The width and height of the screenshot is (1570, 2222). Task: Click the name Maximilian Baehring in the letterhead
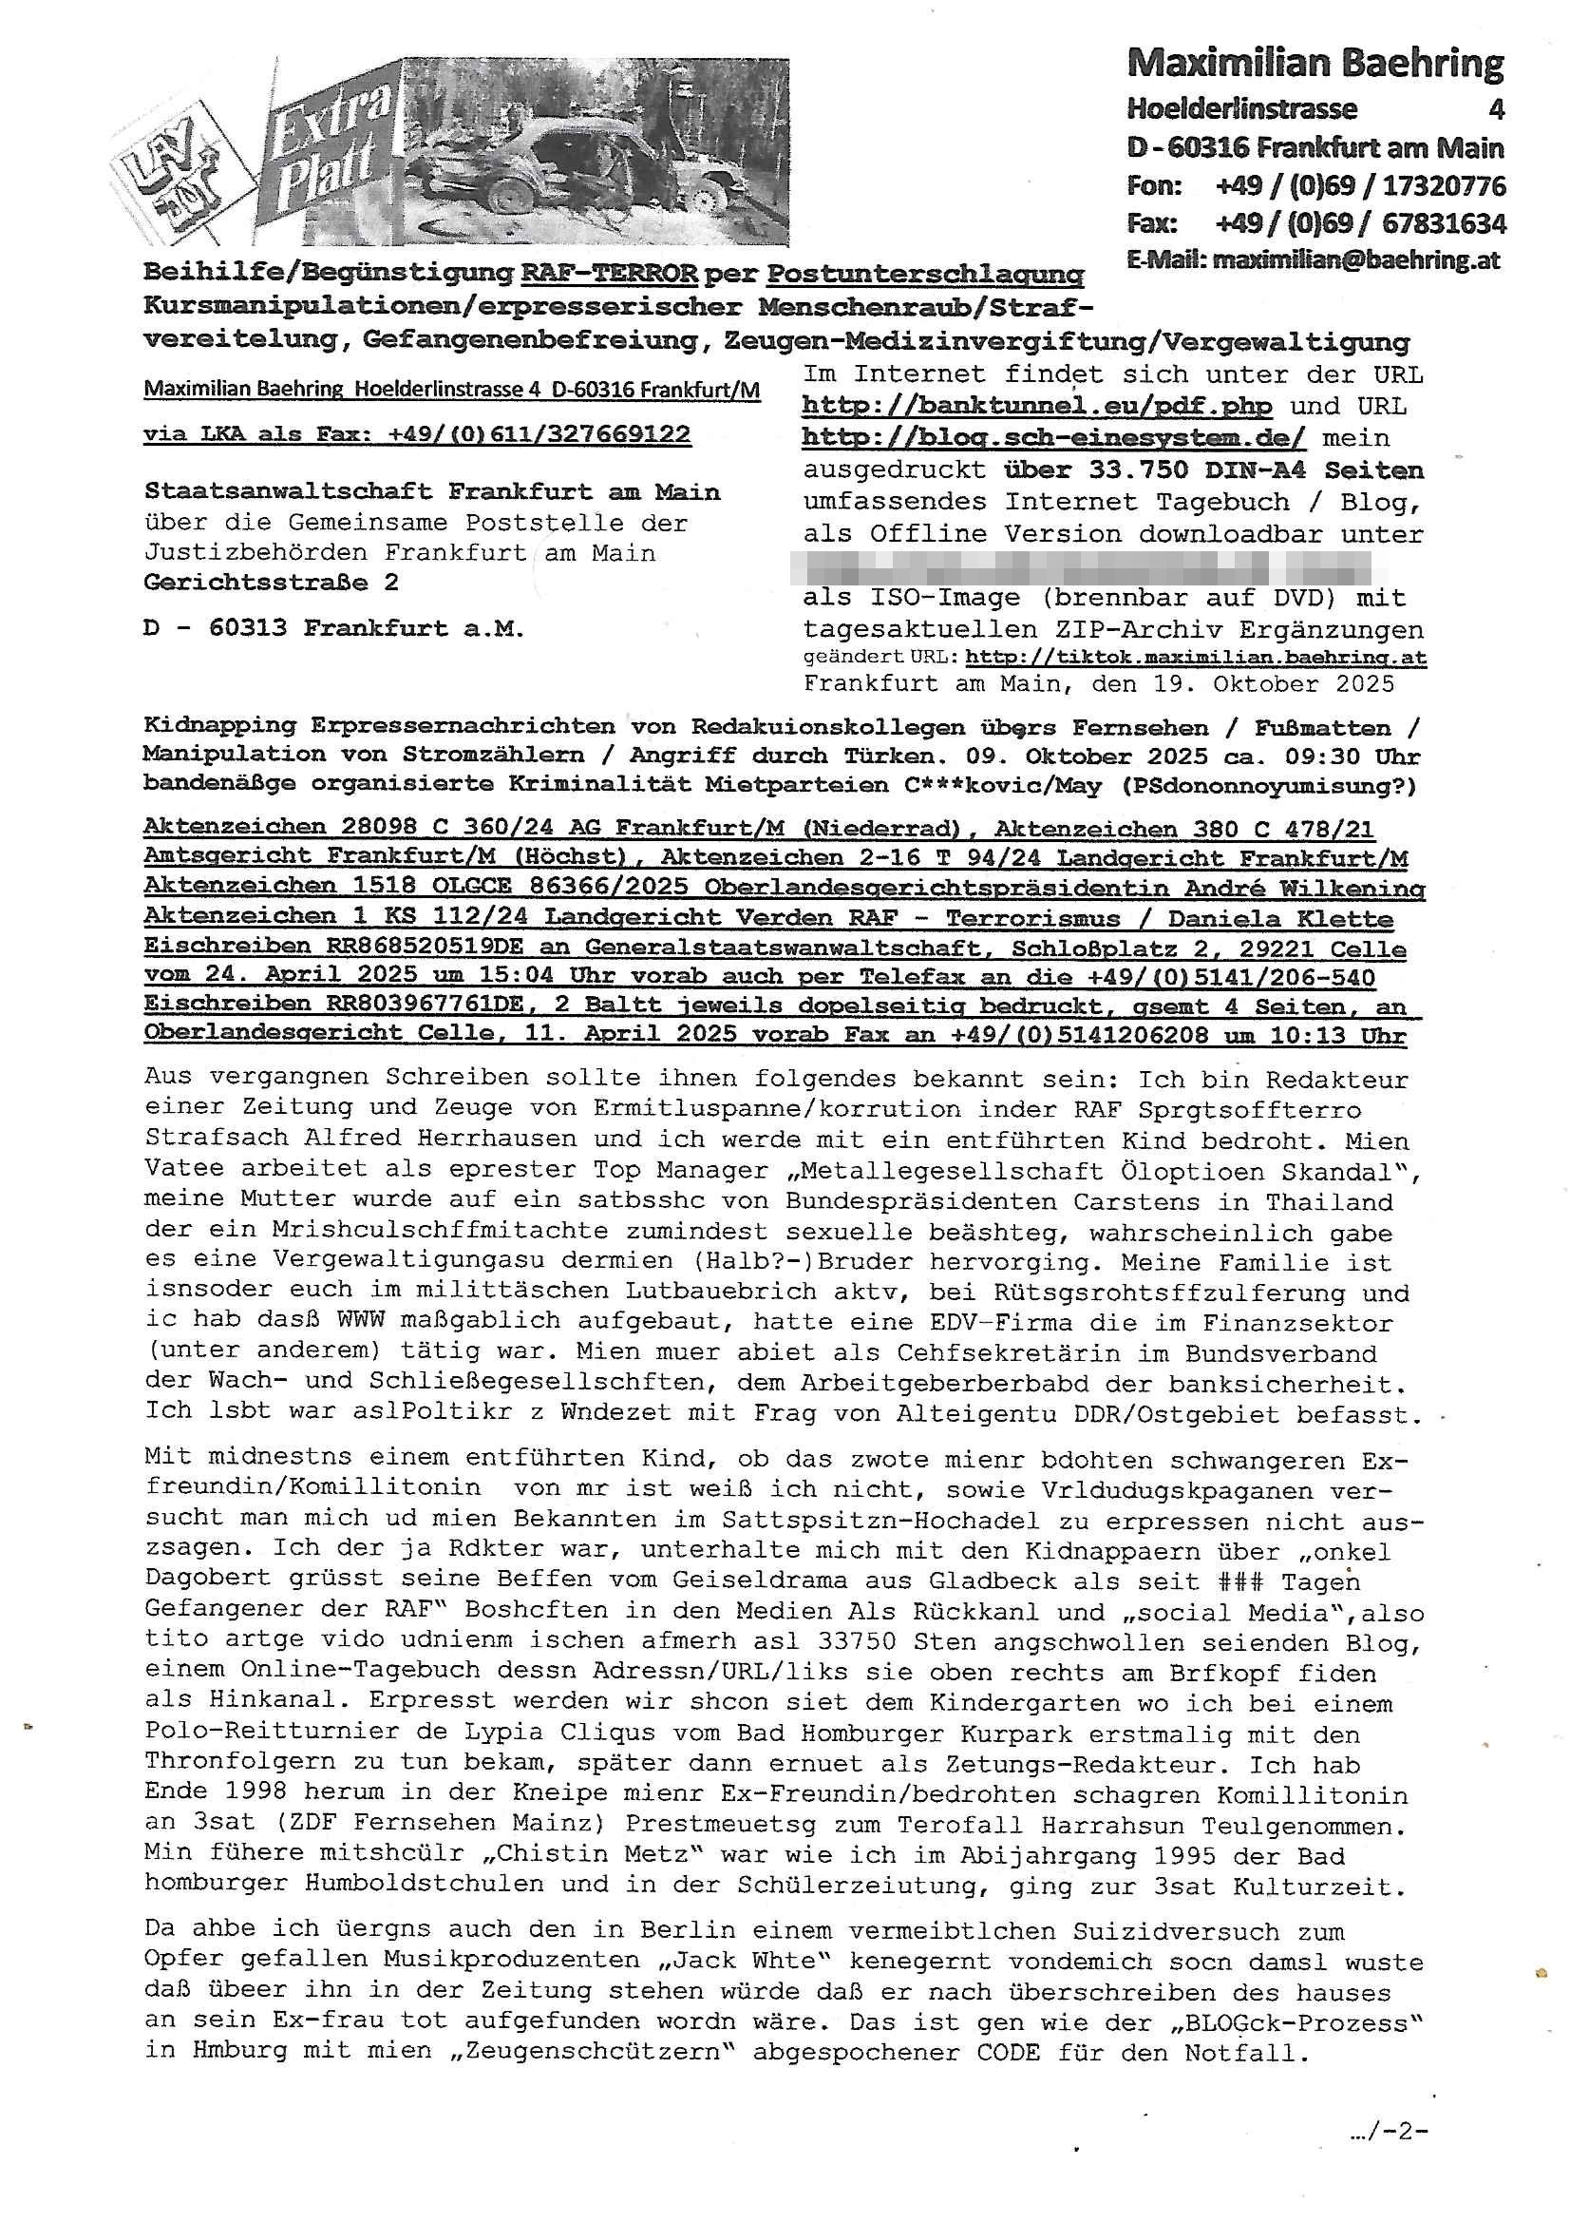point(1315,64)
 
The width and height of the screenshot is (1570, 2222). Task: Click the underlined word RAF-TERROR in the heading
point(609,274)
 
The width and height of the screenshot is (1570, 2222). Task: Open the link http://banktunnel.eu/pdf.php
point(1037,406)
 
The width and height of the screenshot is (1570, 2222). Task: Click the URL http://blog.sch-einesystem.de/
point(1053,437)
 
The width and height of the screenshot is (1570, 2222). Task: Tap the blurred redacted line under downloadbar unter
point(1081,566)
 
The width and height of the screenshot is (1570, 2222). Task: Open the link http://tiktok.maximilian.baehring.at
point(1196,658)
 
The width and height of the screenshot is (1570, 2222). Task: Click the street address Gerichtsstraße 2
point(271,583)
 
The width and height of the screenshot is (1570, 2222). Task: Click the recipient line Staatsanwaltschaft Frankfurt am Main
point(431,491)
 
